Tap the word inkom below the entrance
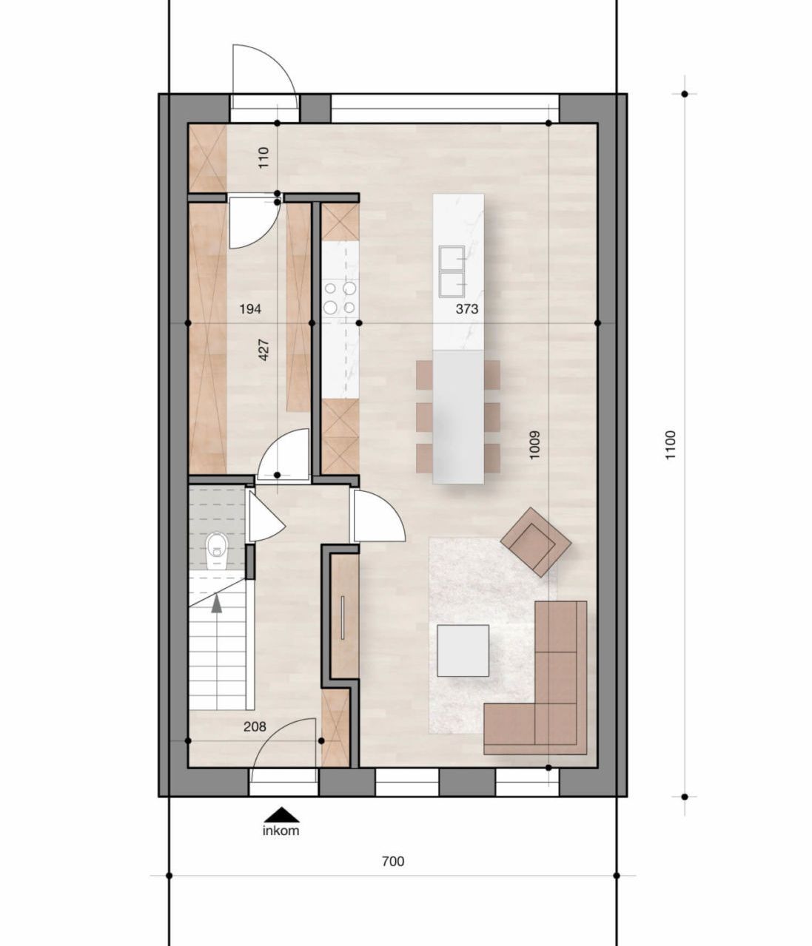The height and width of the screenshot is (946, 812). click(x=281, y=831)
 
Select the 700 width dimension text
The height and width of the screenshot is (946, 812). click(x=393, y=861)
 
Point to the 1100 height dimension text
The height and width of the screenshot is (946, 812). click(x=671, y=445)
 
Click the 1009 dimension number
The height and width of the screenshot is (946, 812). click(x=535, y=445)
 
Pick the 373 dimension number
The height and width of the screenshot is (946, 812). click(x=467, y=309)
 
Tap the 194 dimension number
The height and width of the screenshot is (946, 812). click(x=250, y=309)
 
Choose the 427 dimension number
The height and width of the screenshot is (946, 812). click(x=264, y=349)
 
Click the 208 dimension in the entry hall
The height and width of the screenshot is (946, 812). click(x=254, y=727)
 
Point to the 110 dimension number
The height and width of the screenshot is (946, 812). click(x=264, y=158)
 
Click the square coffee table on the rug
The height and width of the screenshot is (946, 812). click(x=463, y=651)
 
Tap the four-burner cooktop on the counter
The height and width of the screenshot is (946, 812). click(x=340, y=297)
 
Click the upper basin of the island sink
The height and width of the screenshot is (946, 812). click(x=450, y=258)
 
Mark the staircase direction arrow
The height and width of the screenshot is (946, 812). click(x=216, y=603)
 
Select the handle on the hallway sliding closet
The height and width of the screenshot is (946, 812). click(x=343, y=616)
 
